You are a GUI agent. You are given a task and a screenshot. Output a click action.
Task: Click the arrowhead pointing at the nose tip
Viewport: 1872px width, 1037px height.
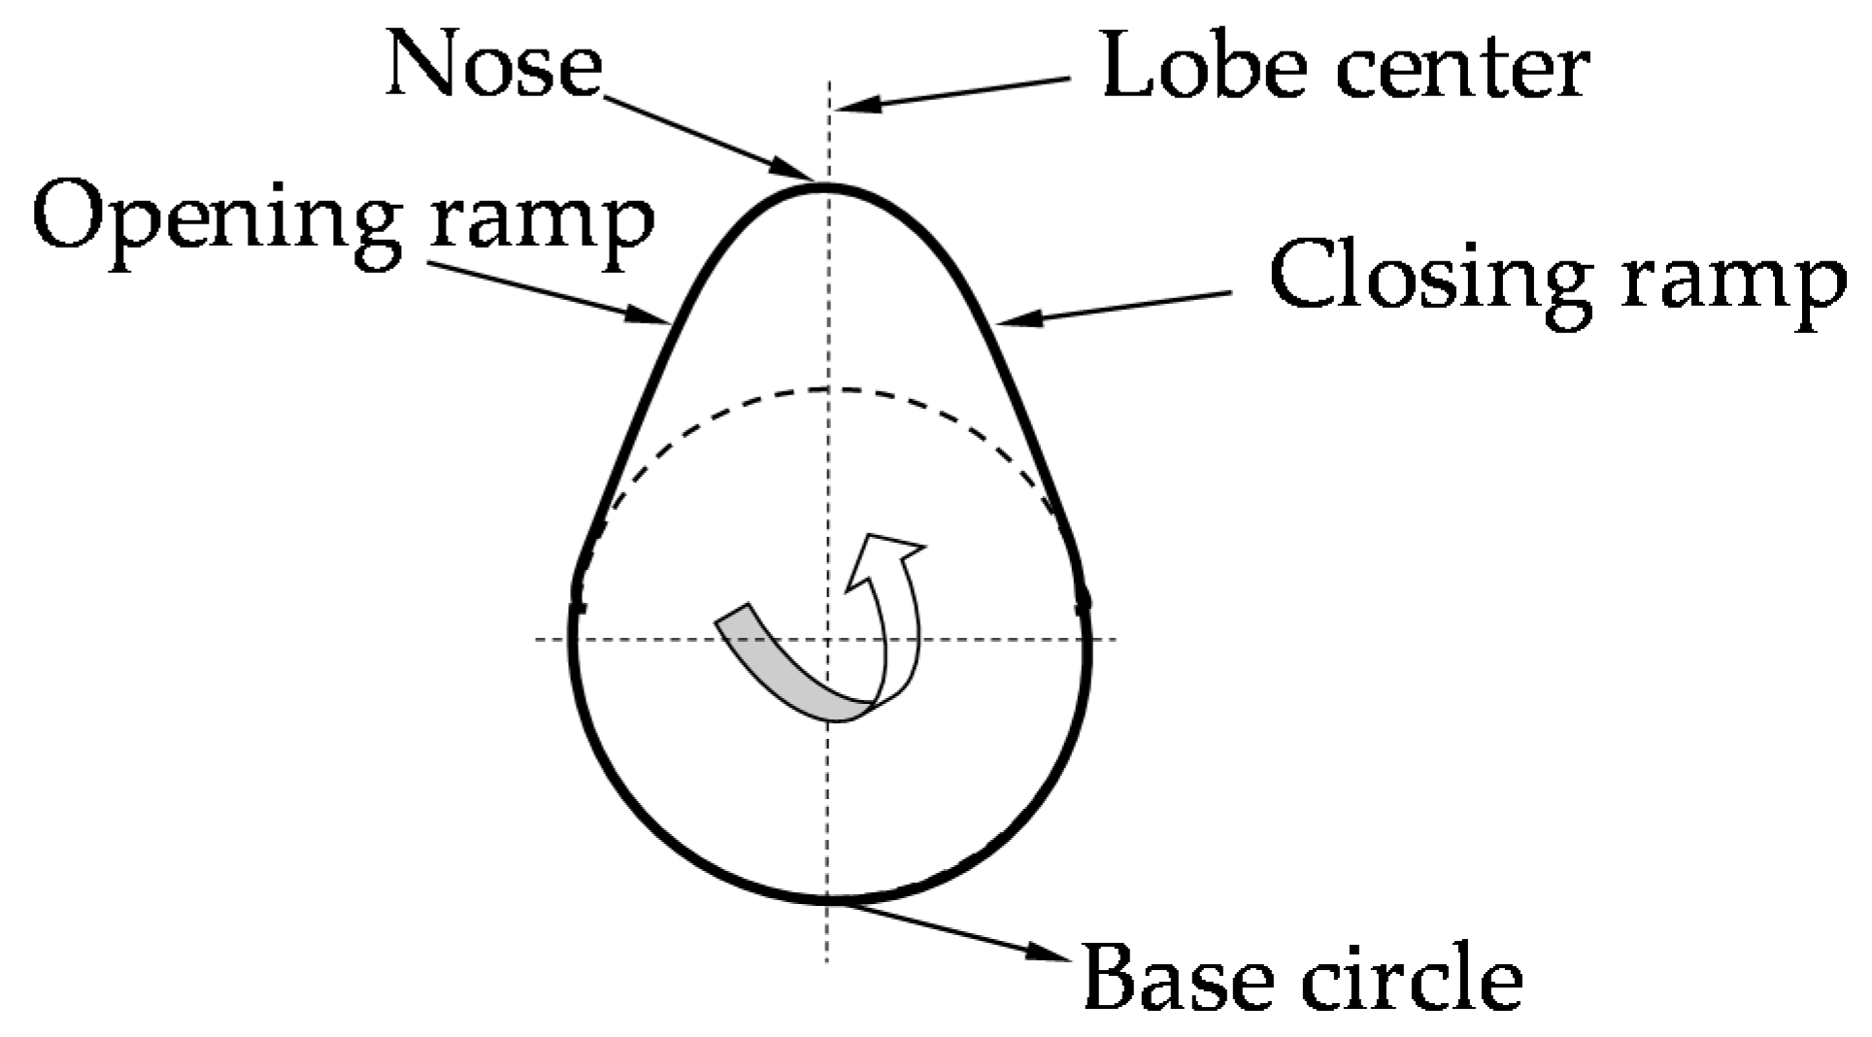pos(797,168)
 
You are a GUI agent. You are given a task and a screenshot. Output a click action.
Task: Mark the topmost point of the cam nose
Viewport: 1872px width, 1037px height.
pos(825,185)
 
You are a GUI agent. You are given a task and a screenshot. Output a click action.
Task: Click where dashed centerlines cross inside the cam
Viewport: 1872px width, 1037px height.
pos(827,639)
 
